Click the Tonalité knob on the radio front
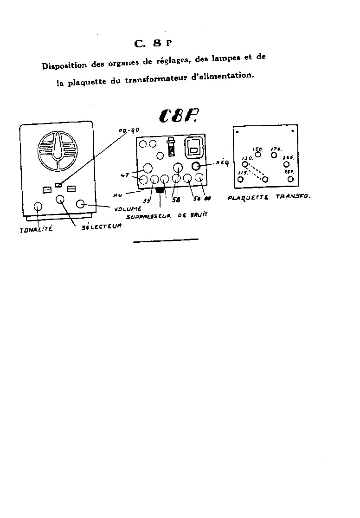38,207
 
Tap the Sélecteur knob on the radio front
60,200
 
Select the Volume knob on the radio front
80,204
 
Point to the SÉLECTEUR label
101,227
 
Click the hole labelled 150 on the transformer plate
258,155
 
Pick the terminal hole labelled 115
240,179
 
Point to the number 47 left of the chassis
124,175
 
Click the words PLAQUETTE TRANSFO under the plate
269,196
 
